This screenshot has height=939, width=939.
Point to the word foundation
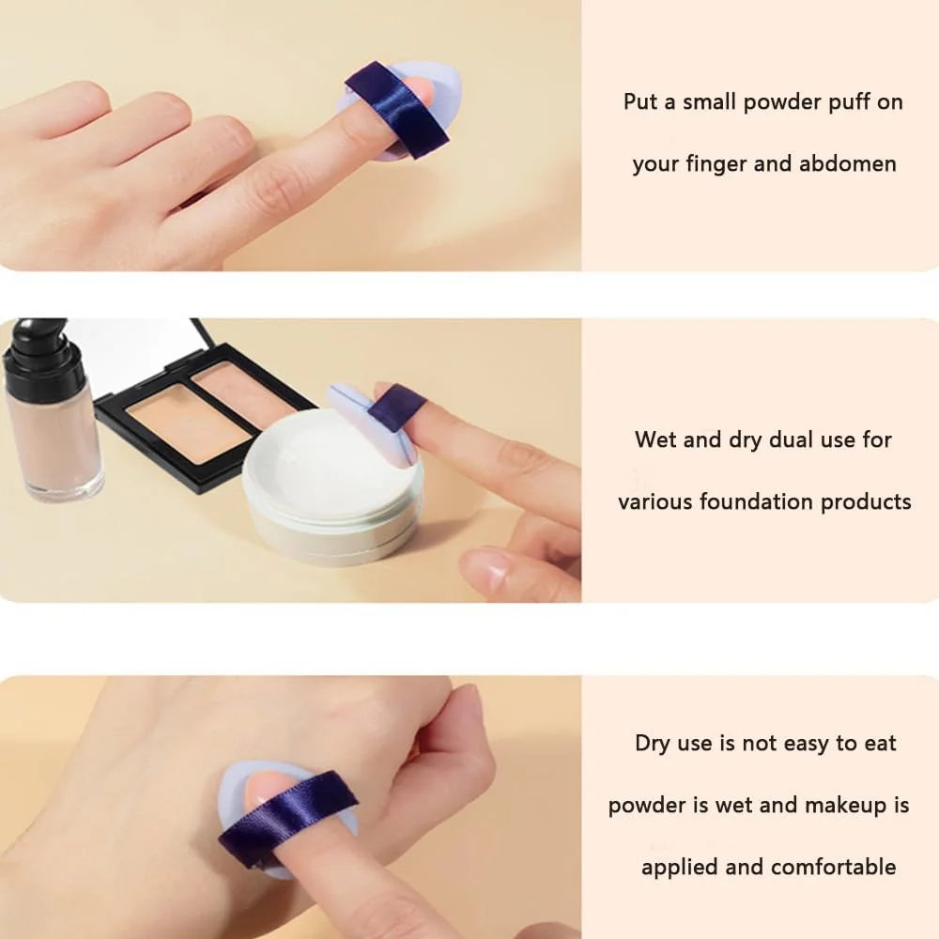[x=756, y=501]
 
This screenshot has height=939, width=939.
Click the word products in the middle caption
[x=866, y=502]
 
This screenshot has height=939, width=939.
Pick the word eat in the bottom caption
[x=881, y=744]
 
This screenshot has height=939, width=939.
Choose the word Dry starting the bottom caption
[x=653, y=744]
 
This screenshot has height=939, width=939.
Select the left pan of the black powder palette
[x=188, y=423]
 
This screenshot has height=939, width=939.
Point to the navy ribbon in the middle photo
[x=396, y=408]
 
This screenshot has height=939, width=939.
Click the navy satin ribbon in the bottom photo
[x=286, y=818]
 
